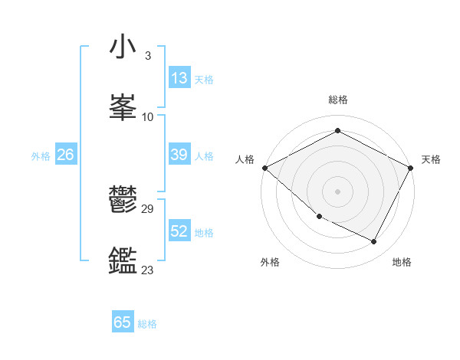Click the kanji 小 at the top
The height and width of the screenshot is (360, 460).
pyautogui.click(x=123, y=47)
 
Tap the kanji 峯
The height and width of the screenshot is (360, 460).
pyautogui.click(x=123, y=107)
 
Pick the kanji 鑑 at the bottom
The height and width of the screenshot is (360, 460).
pyautogui.click(x=123, y=260)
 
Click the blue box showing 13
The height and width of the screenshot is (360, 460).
pyautogui.click(x=179, y=77)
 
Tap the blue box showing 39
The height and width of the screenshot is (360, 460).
pyautogui.click(x=179, y=155)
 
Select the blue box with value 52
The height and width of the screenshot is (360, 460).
pyautogui.click(x=179, y=231)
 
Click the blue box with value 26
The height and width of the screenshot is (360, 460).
pyautogui.click(x=65, y=155)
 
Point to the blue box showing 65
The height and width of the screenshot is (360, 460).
pyautogui.click(x=123, y=322)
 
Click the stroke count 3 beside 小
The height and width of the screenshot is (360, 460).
pyautogui.click(x=147, y=56)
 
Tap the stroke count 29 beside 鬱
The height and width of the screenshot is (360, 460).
pyautogui.click(x=148, y=209)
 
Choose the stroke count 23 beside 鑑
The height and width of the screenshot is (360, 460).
pyautogui.click(x=148, y=270)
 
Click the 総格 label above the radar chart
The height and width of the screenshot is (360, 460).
pyautogui.click(x=338, y=100)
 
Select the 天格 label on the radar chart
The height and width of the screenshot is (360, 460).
pyautogui.click(x=432, y=159)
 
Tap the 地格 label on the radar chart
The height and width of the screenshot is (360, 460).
pyautogui.click(x=402, y=262)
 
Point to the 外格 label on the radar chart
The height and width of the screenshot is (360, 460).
pyautogui.click(x=270, y=262)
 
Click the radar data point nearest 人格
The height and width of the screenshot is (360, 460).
pyautogui.click(x=264, y=168)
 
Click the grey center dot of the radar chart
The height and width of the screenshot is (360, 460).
pyautogui.click(x=338, y=191)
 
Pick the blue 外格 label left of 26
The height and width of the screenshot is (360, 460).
pyautogui.click(x=41, y=155)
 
